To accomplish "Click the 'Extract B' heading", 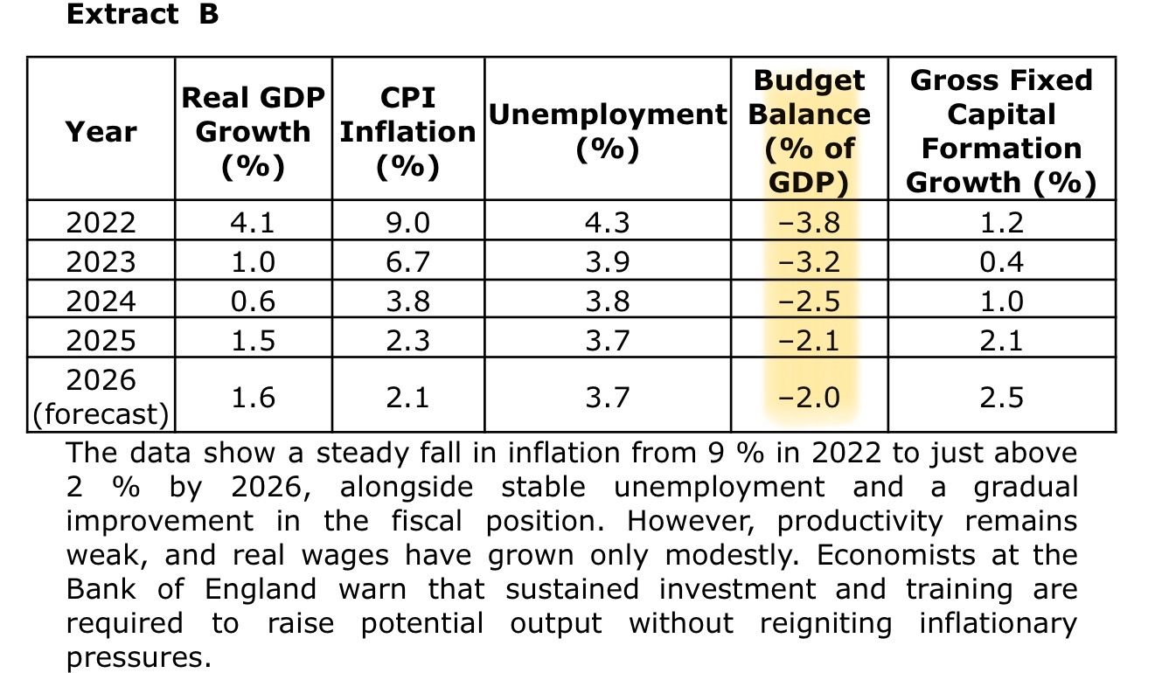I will point(143,16).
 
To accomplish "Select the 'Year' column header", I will point(101,132).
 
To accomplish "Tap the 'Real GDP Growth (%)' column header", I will point(253,131).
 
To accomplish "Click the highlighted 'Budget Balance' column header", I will point(810,131).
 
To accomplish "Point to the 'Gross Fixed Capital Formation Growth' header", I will point(1001,131).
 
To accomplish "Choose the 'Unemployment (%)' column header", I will point(607,131).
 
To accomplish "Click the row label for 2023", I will point(101,261).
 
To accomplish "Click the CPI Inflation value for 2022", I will point(407,223).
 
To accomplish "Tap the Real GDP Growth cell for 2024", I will point(253,301).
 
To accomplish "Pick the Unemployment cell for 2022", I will point(607,223).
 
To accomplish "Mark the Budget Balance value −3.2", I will point(810,261).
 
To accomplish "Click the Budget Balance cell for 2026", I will point(810,398).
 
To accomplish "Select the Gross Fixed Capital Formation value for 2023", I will point(1001,261).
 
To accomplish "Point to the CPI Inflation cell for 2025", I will point(407,339).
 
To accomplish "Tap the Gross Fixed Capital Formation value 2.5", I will point(1001,398).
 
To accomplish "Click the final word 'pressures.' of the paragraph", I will point(139,657).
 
